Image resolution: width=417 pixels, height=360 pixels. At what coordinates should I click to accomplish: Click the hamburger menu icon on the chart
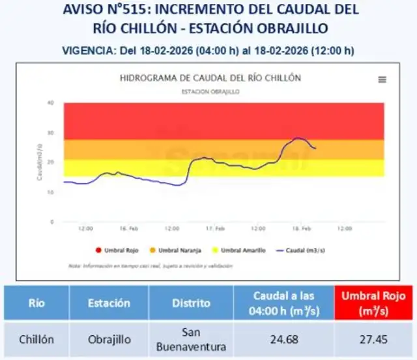click(x=382, y=80)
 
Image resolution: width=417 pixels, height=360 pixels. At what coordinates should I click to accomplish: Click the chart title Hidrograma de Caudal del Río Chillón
click(x=210, y=78)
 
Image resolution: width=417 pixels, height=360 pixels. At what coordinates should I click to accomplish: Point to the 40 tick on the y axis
click(x=50, y=102)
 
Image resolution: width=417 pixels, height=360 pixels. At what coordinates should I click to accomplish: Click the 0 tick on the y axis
click(x=52, y=222)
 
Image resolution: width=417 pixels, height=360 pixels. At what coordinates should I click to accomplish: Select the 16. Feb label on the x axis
click(x=129, y=229)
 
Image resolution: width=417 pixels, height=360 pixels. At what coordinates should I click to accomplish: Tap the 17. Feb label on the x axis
click(x=216, y=229)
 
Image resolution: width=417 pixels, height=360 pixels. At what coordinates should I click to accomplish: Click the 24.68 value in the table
click(x=283, y=340)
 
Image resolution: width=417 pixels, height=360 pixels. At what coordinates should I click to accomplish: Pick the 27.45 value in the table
click(x=375, y=340)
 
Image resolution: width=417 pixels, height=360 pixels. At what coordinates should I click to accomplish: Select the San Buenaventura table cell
click(x=191, y=340)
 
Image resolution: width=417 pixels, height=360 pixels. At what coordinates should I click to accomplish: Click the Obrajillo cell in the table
click(x=109, y=340)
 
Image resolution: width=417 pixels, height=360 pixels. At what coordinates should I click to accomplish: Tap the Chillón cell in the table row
click(x=36, y=340)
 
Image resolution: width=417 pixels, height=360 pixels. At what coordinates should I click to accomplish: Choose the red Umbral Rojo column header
click(x=375, y=303)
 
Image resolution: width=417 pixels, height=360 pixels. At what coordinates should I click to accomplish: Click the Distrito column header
click(x=191, y=303)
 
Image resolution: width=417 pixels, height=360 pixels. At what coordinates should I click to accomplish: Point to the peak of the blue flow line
click(x=297, y=138)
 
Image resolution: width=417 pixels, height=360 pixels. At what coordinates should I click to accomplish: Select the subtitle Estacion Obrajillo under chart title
click(x=210, y=92)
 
